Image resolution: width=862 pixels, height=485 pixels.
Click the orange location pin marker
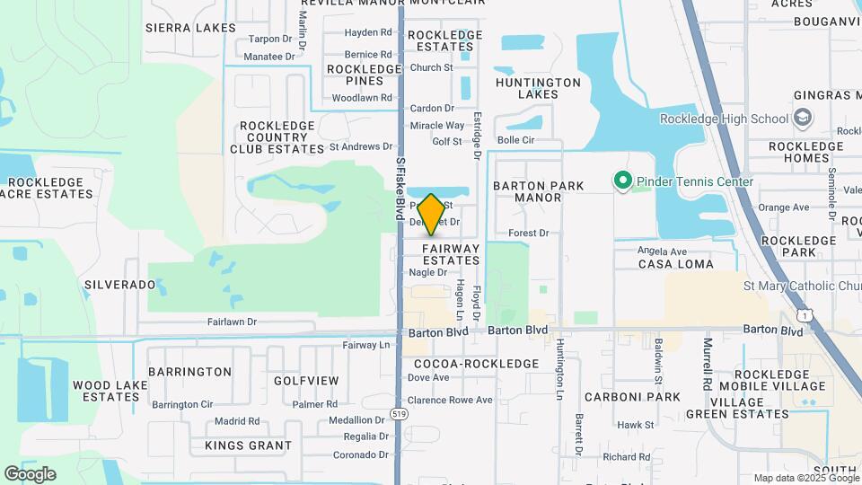431,214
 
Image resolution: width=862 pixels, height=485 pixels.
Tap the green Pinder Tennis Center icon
621,181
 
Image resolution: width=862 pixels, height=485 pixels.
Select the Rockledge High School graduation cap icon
802,119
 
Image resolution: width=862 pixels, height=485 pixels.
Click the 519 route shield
399,413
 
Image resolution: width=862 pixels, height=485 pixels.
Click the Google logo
30,474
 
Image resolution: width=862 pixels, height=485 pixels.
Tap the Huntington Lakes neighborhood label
539,87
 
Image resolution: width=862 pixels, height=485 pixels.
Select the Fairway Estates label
451,254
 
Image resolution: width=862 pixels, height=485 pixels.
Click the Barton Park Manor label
539,191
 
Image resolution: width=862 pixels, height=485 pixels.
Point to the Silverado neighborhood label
120,284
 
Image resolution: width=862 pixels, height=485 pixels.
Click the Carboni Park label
632,396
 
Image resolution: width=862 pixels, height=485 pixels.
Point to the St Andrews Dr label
361,146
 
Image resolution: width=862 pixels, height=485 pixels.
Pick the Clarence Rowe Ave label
450,400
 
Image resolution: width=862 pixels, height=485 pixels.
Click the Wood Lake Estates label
105,391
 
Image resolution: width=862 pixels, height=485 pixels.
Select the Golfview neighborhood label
306,381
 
